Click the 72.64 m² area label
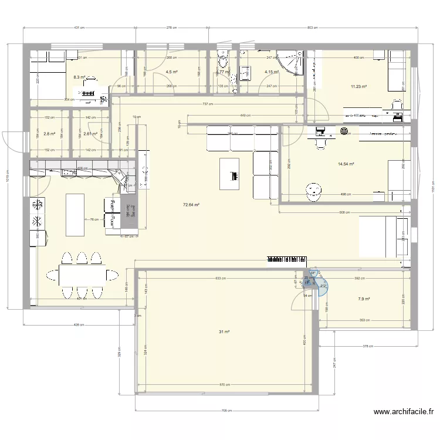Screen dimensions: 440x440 (x=191, y=205)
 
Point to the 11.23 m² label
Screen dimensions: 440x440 (x=358, y=87)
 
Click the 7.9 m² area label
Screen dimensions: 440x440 (x=364, y=299)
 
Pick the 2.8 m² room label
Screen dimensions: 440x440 (x=49, y=134)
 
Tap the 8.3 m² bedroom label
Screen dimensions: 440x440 (x=79, y=77)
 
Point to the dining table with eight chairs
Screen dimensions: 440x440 (x=82, y=275)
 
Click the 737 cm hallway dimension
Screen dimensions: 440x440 (x=209, y=104)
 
